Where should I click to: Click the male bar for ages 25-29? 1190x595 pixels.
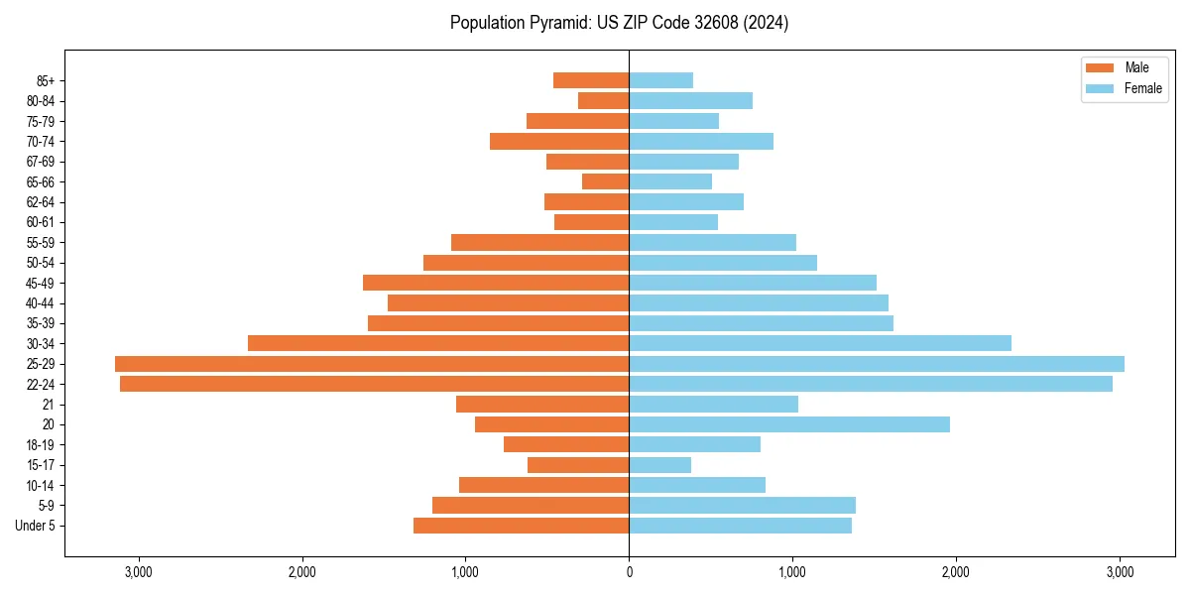click(x=372, y=364)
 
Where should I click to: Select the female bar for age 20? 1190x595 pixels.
click(x=789, y=424)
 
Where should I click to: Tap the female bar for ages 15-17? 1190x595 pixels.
click(x=659, y=465)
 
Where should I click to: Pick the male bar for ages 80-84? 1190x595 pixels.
click(x=603, y=100)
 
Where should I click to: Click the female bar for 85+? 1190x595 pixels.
click(x=660, y=80)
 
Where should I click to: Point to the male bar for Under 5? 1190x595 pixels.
click(x=521, y=526)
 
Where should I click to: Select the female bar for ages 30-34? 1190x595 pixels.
click(x=820, y=343)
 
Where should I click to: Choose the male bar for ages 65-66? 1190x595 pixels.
click(x=605, y=181)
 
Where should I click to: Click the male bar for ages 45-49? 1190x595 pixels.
click(x=496, y=283)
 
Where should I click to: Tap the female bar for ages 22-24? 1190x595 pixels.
click(x=871, y=384)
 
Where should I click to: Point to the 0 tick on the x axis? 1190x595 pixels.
click(x=629, y=572)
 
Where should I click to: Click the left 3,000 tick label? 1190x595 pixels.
click(x=138, y=572)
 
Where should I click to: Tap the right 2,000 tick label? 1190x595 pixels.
click(x=956, y=572)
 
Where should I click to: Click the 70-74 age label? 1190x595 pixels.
click(x=41, y=141)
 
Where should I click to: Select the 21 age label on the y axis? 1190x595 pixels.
click(x=48, y=405)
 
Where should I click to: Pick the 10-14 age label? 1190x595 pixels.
click(x=41, y=485)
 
